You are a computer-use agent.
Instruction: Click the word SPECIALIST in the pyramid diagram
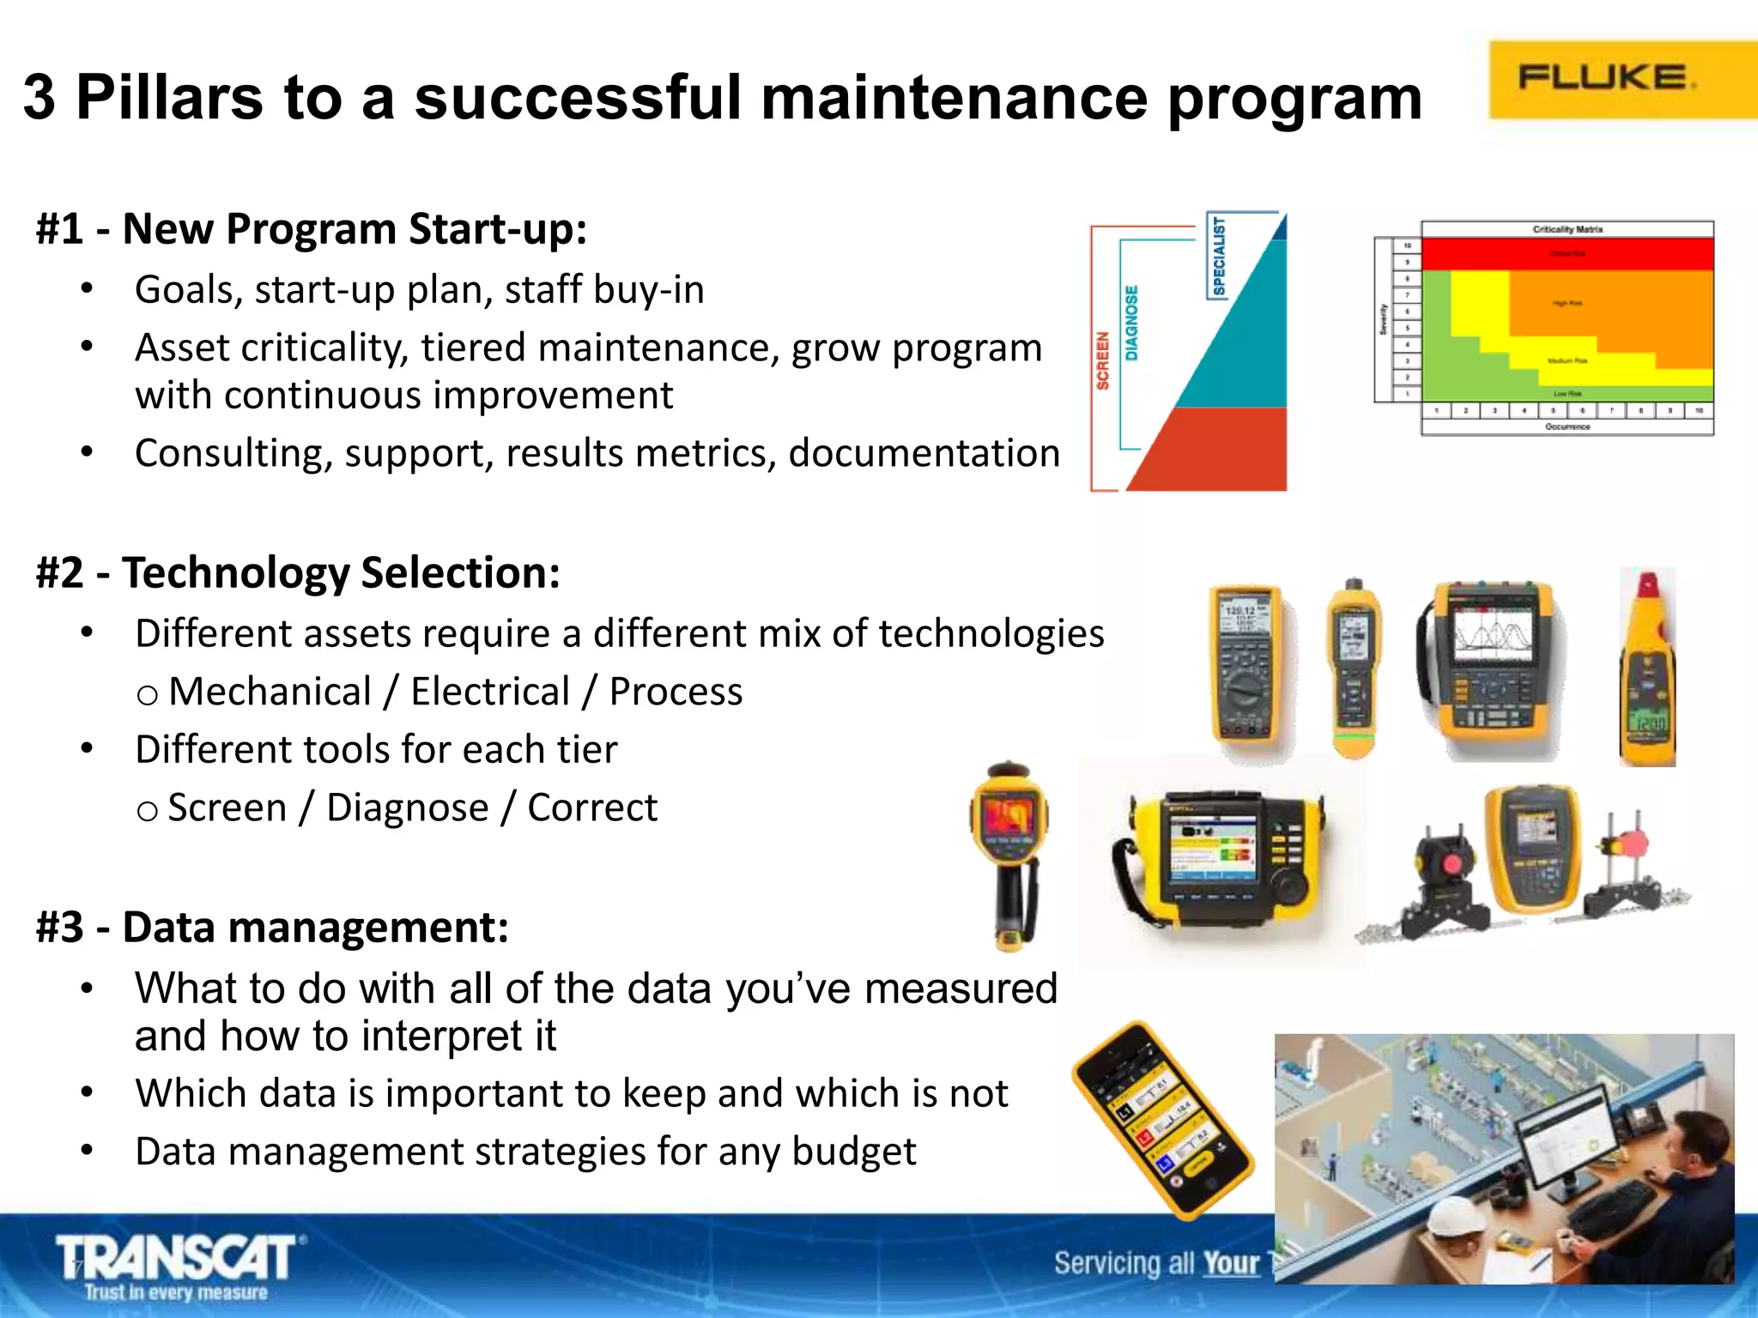pos(1218,256)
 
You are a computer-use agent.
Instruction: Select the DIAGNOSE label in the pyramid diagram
pos(1131,323)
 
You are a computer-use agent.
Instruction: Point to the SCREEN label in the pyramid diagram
pos(1102,360)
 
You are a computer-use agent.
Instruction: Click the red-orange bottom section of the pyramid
pos(1219,450)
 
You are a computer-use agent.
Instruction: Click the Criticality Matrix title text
pos(1567,229)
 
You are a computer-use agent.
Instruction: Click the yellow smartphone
pos(1162,1120)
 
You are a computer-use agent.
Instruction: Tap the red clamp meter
pos(1646,668)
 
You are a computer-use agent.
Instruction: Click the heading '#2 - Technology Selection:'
pos(298,572)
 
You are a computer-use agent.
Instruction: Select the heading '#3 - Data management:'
pos(272,928)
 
